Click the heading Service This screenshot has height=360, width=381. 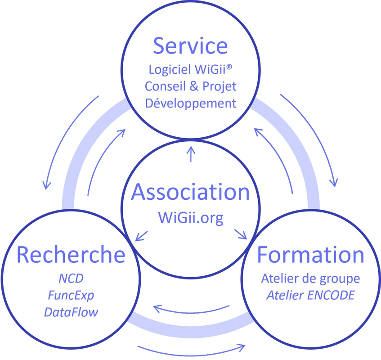point(190,46)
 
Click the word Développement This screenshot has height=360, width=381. point(190,103)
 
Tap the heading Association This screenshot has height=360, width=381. point(190,192)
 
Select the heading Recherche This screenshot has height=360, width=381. point(71,255)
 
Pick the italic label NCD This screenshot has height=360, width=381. point(71,278)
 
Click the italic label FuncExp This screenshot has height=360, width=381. point(71,295)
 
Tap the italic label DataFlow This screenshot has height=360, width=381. point(71,312)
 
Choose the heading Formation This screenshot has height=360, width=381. point(310,255)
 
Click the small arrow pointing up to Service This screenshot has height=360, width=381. point(191,154)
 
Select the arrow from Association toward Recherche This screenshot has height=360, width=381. point(142,234)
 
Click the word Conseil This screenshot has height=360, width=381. point(162,86)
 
